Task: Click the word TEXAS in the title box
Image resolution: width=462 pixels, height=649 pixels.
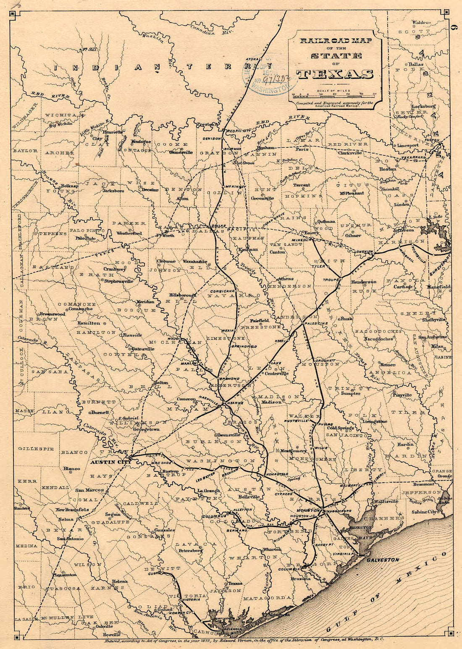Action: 335,74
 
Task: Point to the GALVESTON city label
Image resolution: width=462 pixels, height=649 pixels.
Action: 383,560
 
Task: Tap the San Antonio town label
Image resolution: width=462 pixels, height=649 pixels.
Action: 68,538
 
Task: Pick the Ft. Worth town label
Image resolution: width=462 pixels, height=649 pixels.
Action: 165,235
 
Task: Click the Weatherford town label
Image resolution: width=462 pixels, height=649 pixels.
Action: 129,233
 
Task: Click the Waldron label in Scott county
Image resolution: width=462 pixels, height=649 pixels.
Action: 421,22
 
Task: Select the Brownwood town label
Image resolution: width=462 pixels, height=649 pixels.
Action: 52,314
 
